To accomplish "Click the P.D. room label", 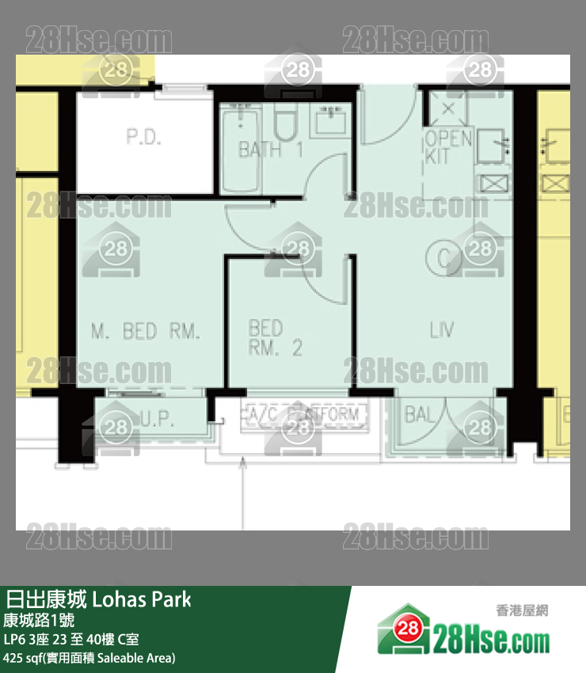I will [143, 137].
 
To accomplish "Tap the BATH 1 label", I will [270, 150].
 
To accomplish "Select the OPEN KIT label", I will [448, 147].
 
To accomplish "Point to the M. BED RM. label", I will [146, 331].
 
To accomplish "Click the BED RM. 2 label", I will [275, 337].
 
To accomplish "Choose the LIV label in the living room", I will [441, 330].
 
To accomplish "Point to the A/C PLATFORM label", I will [303, 413].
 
